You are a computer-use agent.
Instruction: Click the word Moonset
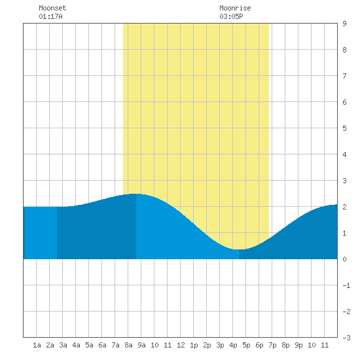tap(52, 8)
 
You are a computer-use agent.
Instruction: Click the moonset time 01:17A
tap(50, 16)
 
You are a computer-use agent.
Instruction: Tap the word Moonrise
tap(235, 8)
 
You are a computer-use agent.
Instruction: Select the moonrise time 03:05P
tap(231, 16)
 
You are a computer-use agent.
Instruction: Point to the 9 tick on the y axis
tap(344, 24)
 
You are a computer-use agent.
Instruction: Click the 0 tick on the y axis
tap(344, 259)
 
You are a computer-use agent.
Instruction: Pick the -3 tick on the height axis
tap(346, 338)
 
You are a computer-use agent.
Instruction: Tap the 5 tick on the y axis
tap(344, 128)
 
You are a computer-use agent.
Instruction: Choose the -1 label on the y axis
tap(346, 285)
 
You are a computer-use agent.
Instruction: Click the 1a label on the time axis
tap(37, 345)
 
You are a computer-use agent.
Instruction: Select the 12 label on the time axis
tap(181, 345)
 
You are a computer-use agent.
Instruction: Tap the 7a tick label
tap(115, 345)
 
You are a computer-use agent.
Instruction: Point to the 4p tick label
tap(233, 345)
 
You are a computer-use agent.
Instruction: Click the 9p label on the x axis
tap(298, 345)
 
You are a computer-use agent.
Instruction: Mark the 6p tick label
tap(259, 345)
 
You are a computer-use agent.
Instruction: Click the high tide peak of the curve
tap(135, 194)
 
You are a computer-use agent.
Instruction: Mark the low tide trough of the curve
tap(239, 249)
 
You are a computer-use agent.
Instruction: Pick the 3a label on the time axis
tap(63, 345)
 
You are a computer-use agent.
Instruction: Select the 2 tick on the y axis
tap(344, 207)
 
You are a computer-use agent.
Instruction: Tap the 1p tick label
tap(194, 345)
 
